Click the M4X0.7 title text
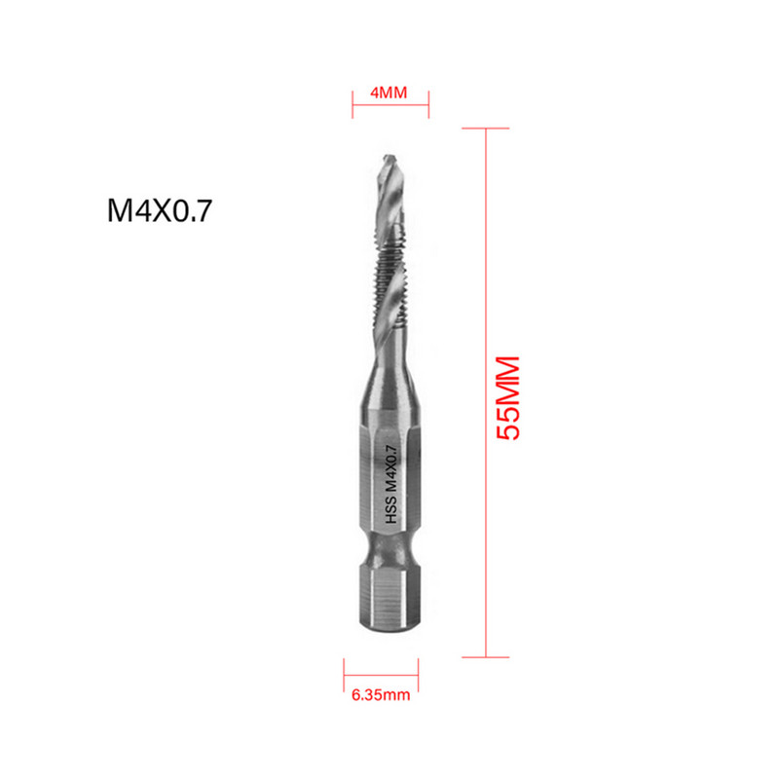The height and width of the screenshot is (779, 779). (x=159, y=211)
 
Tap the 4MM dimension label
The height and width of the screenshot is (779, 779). (x=389, y=93)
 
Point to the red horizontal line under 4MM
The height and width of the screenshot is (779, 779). (x=389, y=107)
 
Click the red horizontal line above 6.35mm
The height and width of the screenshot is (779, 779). (x=382, y=674)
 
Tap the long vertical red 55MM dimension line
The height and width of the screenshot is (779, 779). (x=485, y=389)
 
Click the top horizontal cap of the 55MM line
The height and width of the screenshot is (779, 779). (x=485, y=128)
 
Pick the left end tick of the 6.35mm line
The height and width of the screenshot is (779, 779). (x=344, y=673)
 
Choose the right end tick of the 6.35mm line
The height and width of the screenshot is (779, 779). (x=421, y=673)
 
